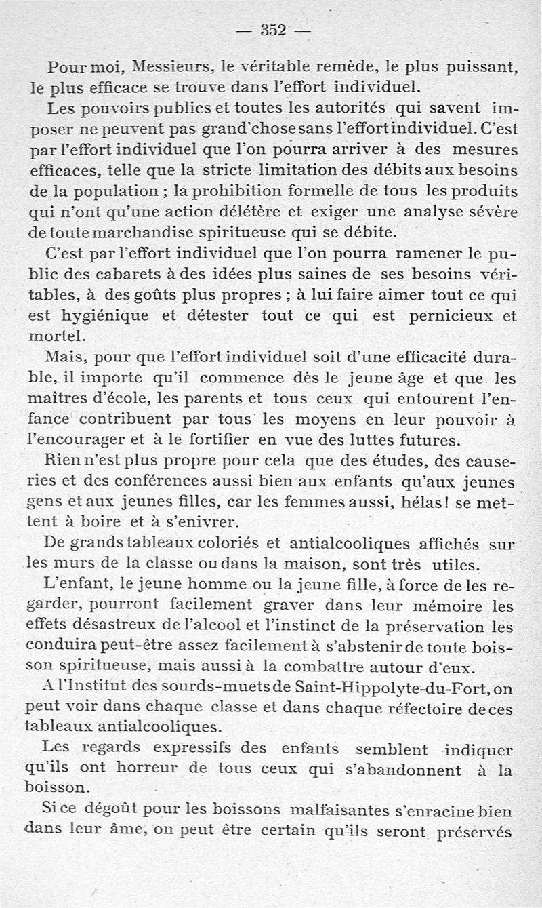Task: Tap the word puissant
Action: click(x=480, y=68)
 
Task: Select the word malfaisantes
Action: click(x=337, y=811)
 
